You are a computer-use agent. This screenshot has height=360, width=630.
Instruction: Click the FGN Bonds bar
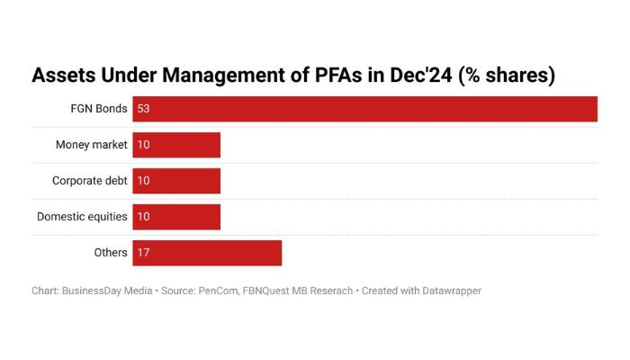coord(364,109)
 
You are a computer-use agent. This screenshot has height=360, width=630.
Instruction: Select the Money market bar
coord(176,145)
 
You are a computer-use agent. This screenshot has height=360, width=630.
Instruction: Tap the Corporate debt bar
coord(176,181)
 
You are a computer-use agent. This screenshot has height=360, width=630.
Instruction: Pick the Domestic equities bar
coord(176,217)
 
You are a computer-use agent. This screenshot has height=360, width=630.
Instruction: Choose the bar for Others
coord(207,253)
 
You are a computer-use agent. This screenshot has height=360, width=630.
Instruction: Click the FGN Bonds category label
coord(99,109)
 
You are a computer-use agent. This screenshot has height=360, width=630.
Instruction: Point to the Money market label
coord(91,145)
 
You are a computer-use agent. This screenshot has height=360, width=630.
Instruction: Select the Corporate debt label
coord(89,181)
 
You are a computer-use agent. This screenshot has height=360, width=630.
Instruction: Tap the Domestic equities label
coord(82,217)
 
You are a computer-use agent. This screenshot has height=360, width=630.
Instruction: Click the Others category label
coord(111,253)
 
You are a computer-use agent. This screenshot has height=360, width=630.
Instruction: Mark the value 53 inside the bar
coord(143,109)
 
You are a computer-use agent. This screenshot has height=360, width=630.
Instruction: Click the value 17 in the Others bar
coord(143,253)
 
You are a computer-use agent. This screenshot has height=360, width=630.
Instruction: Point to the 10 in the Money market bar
coord(143,145)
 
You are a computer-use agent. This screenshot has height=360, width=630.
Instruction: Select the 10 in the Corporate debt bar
coord(143,181)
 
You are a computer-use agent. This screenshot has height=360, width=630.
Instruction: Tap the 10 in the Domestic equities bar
coord(143,217)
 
